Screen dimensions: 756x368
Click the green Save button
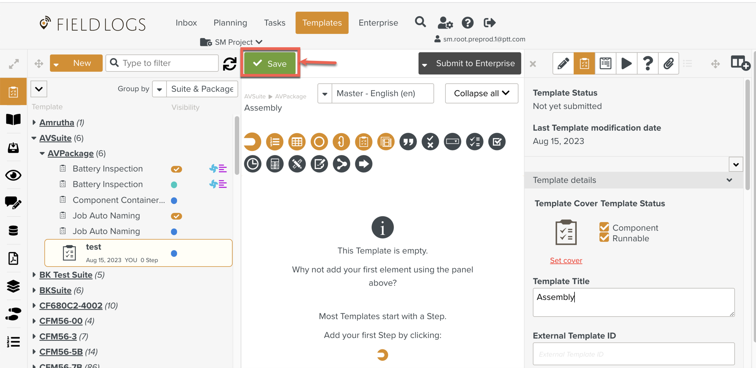click(270, 63)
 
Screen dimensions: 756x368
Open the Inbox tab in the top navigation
click(186, 23)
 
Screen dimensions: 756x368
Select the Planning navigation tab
click(230, 23)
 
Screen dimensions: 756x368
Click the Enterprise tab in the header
click(378, 23)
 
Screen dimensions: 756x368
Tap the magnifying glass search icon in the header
click(420, 22)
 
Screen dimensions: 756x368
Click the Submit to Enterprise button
click(470, 63)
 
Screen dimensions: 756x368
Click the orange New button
click(76, 63)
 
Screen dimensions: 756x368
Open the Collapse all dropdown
click(481, 93)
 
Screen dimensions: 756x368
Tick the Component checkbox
click(604, 227)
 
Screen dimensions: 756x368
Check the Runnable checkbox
click(604, 237)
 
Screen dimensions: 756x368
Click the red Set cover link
click(566, 260)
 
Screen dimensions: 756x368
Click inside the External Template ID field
click(634, 354)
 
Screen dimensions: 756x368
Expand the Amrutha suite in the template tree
click(34, 122)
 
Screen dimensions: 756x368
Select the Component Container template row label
click(119, 200)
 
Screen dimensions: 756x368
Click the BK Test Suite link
click(66, 275)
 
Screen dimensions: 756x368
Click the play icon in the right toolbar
click(626, 63)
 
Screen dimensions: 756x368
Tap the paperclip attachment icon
click(669, 63)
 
